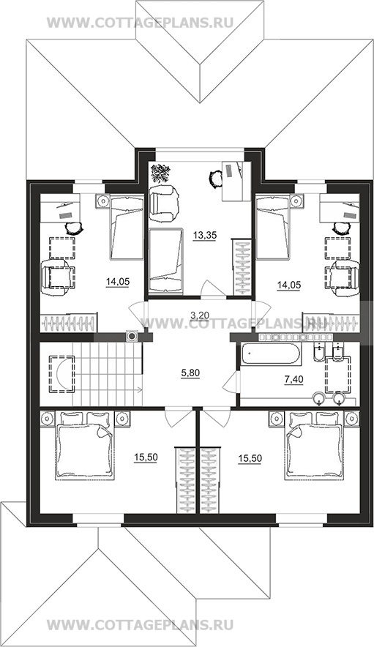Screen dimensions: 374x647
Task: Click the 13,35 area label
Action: [203, 235]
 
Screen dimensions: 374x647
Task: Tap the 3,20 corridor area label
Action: [200, 315]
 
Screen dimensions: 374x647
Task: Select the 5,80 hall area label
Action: [190, 373]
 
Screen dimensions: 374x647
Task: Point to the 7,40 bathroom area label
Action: [294, 379]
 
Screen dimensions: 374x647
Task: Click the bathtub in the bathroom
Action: [270, 354]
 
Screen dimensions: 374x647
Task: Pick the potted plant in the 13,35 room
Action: [160, 173]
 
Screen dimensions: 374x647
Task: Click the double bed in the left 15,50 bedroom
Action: [84, 446]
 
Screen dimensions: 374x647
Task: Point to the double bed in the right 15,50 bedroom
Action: [313, 446]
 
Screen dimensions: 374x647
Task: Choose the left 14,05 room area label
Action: [118, 282]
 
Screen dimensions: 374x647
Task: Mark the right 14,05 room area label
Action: [288, 284]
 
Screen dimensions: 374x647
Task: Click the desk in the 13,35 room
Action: [236, 181]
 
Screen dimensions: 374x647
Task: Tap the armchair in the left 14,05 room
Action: [57, 277]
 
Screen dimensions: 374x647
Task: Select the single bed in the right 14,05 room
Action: [272, 228]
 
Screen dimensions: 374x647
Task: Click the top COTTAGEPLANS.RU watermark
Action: [141, 22]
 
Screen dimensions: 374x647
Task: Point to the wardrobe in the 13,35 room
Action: [242, 266]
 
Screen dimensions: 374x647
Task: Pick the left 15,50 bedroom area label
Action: [146, 457]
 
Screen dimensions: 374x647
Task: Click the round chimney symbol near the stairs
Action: [132, 336]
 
